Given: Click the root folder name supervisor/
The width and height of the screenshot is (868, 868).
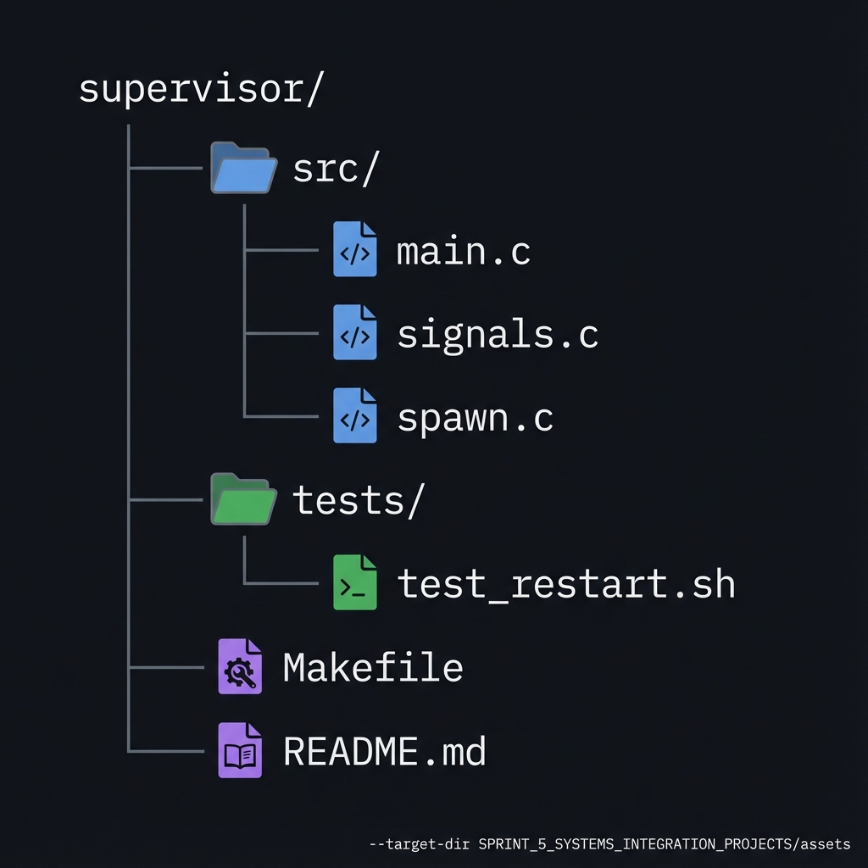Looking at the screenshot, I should pyautogui.click(x=201, y=89).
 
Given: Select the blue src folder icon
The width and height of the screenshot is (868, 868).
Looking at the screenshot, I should pyautogui.click(x=243, y=169).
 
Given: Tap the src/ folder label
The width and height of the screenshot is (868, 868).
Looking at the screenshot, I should pyautogui.click(x=334, y=170).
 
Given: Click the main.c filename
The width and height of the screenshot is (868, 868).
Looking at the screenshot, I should pyautogui.click(x=464, y=252).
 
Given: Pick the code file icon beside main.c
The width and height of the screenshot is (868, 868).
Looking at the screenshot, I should pyautogui.click(x=354, y=250).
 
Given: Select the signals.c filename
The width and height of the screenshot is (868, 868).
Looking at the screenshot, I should pyautogui.click(x=498, y=335).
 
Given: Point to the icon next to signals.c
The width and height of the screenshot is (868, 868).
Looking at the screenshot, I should pyautogui.click(x=354, y=333).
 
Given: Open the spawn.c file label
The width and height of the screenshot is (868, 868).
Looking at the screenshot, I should pyautogui.click(x=475, y=418).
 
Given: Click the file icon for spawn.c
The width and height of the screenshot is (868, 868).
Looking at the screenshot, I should pyautogui.click(x=354, y=416).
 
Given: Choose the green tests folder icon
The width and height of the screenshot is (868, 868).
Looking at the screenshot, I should pyautogui.click(x=243, y=500).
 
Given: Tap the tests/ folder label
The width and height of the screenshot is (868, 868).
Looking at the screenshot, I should pyautogui.click(x=357, y=501).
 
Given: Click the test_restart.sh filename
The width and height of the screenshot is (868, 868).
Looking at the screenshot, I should pyautogui.click(x=565, y=584).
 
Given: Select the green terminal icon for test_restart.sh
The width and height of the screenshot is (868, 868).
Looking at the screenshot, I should pyautogui.click(x=354, y=583).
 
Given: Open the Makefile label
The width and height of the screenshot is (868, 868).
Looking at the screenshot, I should pyautogui.click(x=373, y=668).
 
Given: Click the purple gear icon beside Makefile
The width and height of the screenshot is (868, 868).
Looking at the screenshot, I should pyautogui.click(x=240, y=667).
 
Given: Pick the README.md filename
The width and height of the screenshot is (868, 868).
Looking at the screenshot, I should pyautogui.click(x=384, y=751).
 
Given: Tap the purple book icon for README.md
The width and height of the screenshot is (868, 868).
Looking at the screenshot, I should pyautogui.click(x=240, y=750).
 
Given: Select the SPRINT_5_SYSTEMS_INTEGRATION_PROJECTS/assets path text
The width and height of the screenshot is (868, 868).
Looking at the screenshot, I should pyautogui.click(x=664, y=844).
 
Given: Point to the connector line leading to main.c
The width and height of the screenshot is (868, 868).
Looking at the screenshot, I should pyautogui.click(x=280, y=251).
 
